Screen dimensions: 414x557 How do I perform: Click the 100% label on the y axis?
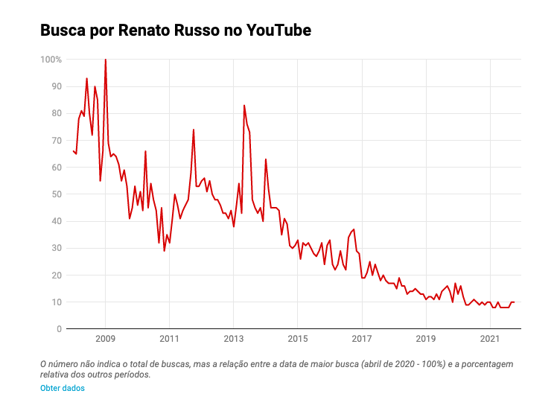click(x=51, y=59)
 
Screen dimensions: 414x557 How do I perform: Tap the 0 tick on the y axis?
click(x=59, y=329)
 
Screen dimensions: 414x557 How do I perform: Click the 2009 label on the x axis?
click(x=105, y=340)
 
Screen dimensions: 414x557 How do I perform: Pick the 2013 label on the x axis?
click(x=233, y=340)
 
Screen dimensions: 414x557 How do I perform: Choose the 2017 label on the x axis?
click(x=362, y=340)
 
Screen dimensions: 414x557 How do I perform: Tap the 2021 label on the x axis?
click(x=490, y=340)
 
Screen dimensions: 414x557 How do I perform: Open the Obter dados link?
click(x=63, y=388)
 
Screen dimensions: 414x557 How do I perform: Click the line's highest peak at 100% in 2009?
click(x=105, y=60)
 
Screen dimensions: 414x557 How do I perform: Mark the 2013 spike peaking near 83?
click(x=244, y=106)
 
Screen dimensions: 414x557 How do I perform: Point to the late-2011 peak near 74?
click(x=194, y=130)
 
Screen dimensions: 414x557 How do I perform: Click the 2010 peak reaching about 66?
click(x=145, y=152)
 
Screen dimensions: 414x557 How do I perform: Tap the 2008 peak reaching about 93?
click(x=86, y=79)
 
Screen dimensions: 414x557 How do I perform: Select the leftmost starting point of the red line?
click(x=73, y=151)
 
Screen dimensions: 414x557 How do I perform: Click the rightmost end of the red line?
click(x=514, y=302)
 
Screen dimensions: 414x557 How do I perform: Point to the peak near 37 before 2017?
click(x=354, y=229)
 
